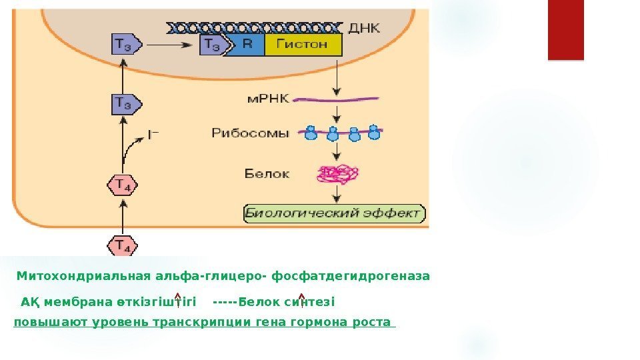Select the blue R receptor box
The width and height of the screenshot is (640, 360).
pyautogui.click(x=247, y=45)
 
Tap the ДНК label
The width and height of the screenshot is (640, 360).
pyautogui.click(x=364, y=28)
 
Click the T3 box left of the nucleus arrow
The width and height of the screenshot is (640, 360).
pyautogui.click(x=125, y=45)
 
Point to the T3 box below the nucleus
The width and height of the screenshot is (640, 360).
pyautogui.click(x=125, y=103)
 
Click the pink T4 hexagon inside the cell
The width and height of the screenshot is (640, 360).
pyautogui.click(x=123, y=185)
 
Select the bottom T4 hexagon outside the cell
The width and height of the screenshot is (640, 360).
pyautogui.click(x=123, y=245)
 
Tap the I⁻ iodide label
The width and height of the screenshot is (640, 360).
pyautogui.click(x=153, y=134)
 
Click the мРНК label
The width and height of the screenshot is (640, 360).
pyautogui.click(x=269, y=99)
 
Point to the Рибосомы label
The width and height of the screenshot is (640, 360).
pyautogui.click(x=250, y=133)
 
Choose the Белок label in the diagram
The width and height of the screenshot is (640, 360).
pyautogui.click(x=267, y=174)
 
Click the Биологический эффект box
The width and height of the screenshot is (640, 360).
pyautogui.click(x=334, y=213)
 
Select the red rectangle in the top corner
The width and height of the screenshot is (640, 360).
pyautogui.click(x=565, y=30)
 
